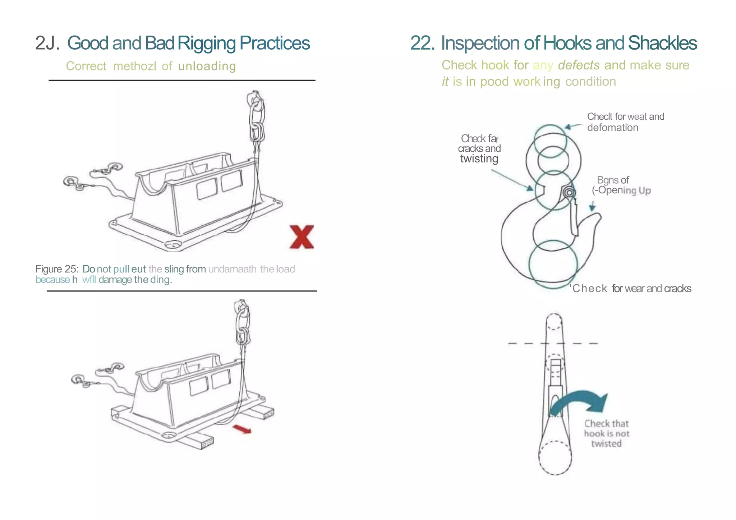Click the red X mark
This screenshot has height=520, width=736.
(x=302, y=237)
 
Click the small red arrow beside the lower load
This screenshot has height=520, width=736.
(x=242, y=429)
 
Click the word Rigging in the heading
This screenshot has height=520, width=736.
(x=207, y=43)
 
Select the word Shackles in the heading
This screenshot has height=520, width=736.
(x=662, y=43)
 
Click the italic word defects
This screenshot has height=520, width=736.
(x=579, y=65)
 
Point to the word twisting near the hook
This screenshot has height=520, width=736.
(x=479, y=159)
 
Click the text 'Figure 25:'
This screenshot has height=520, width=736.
(x=57, y=269)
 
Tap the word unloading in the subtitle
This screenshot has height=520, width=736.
(x=207, y=66)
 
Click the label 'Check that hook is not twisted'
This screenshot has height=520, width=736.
(x=606, y=433)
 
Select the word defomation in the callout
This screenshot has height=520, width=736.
(x=612, y=128)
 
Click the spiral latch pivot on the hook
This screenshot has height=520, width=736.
(x=569, y=193)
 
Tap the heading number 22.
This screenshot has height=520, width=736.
(x=422, y=43)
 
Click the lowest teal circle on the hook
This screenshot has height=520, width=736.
(x=553, y=264)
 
